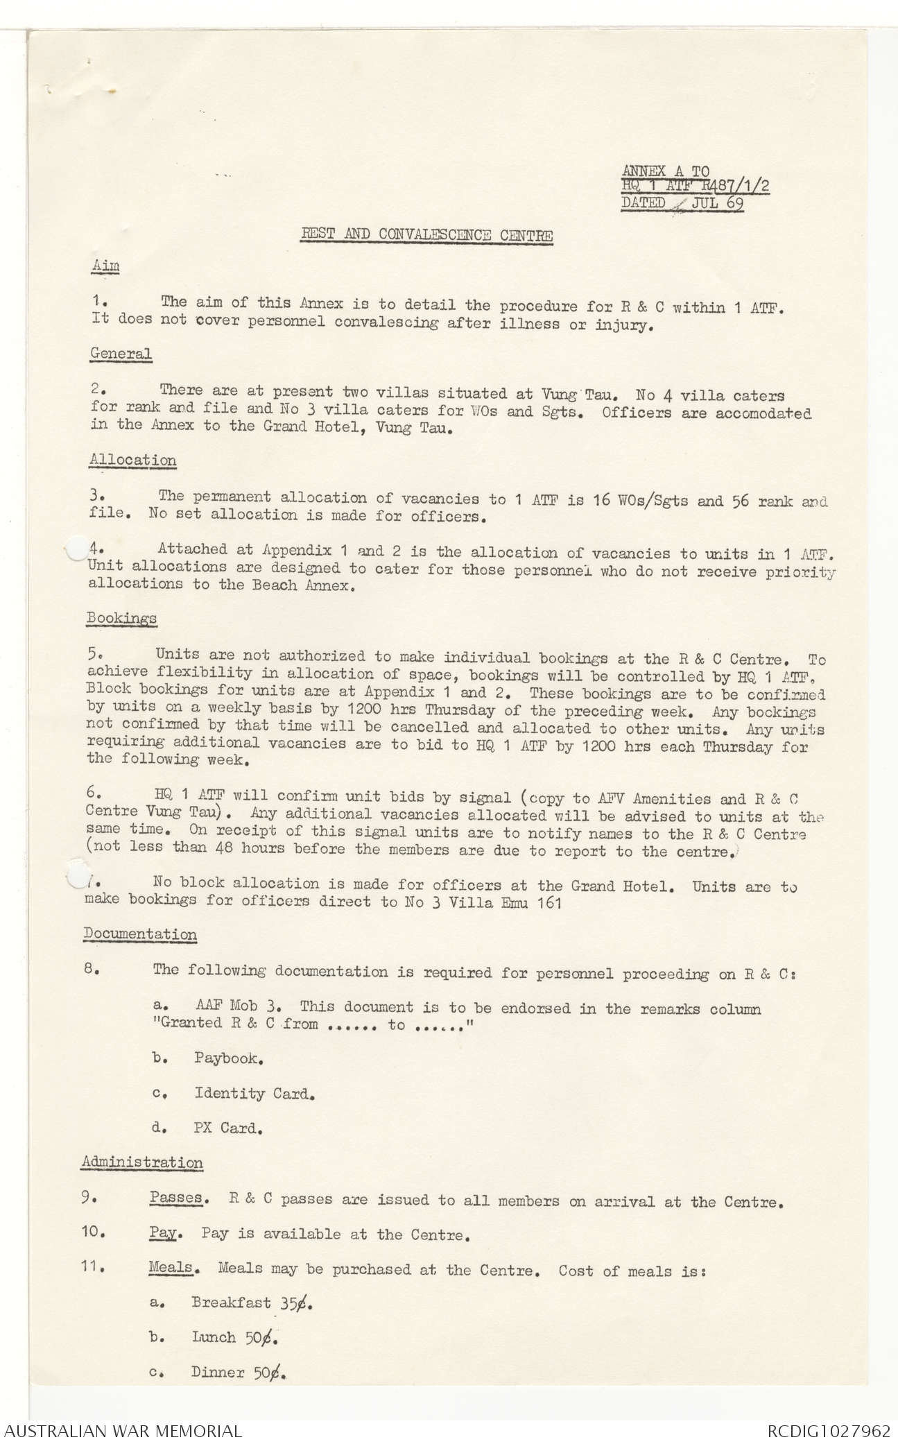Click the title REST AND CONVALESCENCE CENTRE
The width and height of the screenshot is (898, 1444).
tap(426, 234)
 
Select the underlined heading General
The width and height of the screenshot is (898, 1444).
tap(121, 353)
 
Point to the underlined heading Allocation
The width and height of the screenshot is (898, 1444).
tap(133, 460)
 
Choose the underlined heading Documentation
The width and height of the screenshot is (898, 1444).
tap(140, 934)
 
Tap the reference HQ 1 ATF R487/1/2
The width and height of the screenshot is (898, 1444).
tap(696, 187)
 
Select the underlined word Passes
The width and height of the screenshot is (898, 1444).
tap(175, 1198)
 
